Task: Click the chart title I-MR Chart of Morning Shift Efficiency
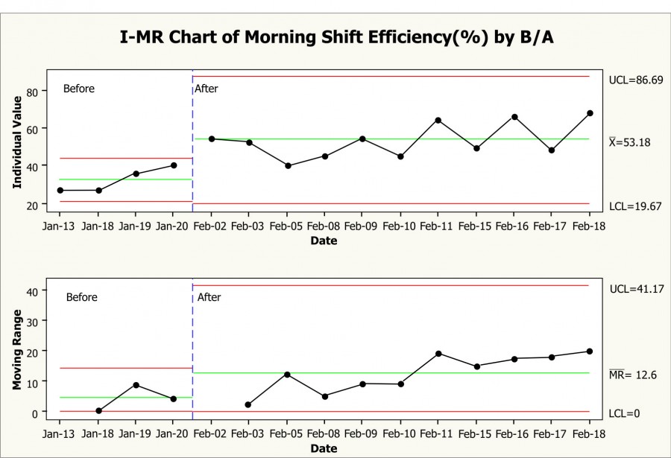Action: tap(337, 38)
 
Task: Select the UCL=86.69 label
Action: tap(635, 79)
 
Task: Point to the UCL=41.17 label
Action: tap(635, 288)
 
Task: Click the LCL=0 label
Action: tap(625, 413)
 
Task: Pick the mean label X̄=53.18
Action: tap(630, 141)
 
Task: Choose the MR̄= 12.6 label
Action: tap(633, 374)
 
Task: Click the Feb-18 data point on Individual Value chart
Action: tap(590, 113)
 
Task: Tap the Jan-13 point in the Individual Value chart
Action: tap(60, 191)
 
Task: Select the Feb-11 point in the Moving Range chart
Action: tap(438, 354)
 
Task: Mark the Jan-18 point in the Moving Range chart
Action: tap(98, 410)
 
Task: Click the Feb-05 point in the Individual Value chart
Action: tap(288, 165)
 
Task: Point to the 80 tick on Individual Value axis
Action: tap(31, 92)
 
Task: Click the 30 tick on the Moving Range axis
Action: tap(32, 320)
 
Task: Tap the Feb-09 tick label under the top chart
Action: tap(362, 226)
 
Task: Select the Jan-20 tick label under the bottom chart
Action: tap(173, 433)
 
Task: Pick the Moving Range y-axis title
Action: tap(17, 350)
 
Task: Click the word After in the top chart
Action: tap(207, 89)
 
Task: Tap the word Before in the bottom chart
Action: tap(82, 297)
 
